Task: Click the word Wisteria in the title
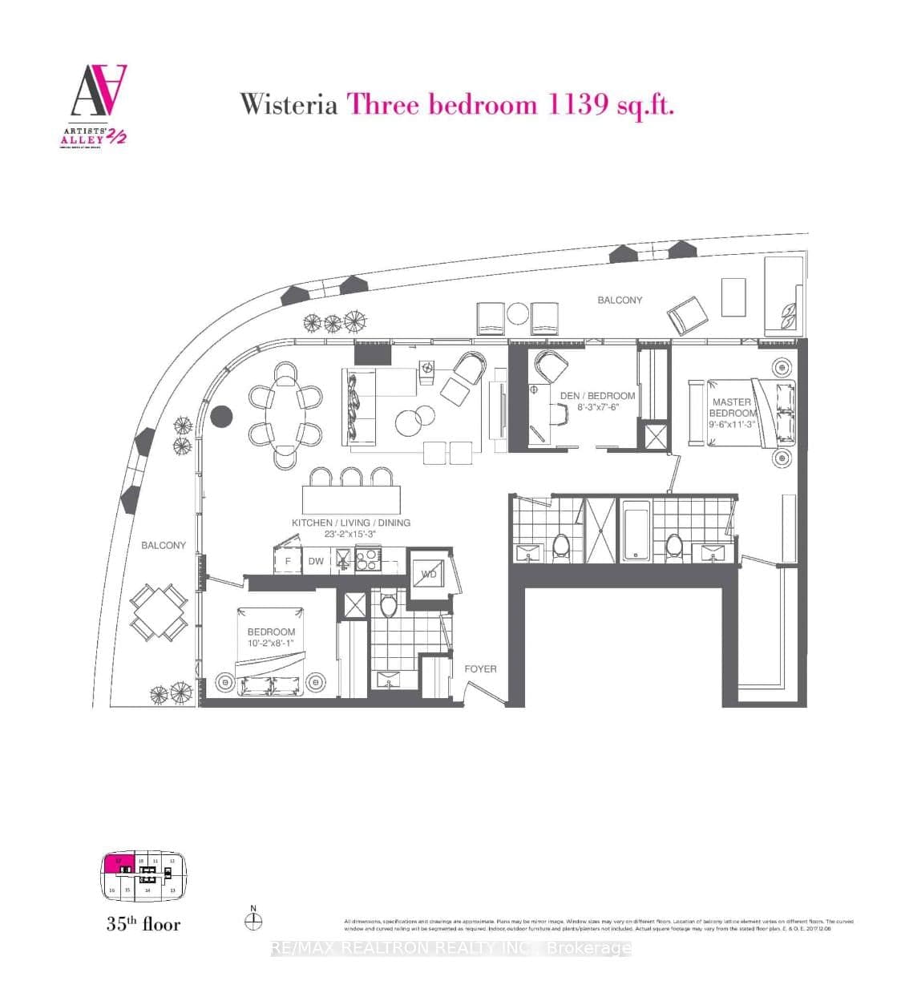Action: [x=289, y=104]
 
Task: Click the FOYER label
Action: [x=480, y=668]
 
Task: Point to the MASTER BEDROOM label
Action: [x=732, y=407]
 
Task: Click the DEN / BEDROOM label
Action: [x=597, y=396]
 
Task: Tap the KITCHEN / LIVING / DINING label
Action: [x=350, y=523]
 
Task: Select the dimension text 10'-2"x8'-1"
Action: [x=271, y=643]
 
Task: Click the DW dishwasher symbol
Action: [x=316, y=561]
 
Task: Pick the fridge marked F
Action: [x=288, y=561]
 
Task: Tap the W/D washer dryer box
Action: [x=429, y=573]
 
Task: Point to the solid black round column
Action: [x=221, y=417]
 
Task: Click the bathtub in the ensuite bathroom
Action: [x=636, y=530]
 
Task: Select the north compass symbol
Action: [x=253, y=921]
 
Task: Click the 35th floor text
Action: [x=143, y=924]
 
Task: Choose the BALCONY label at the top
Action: [x=620, y=300]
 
